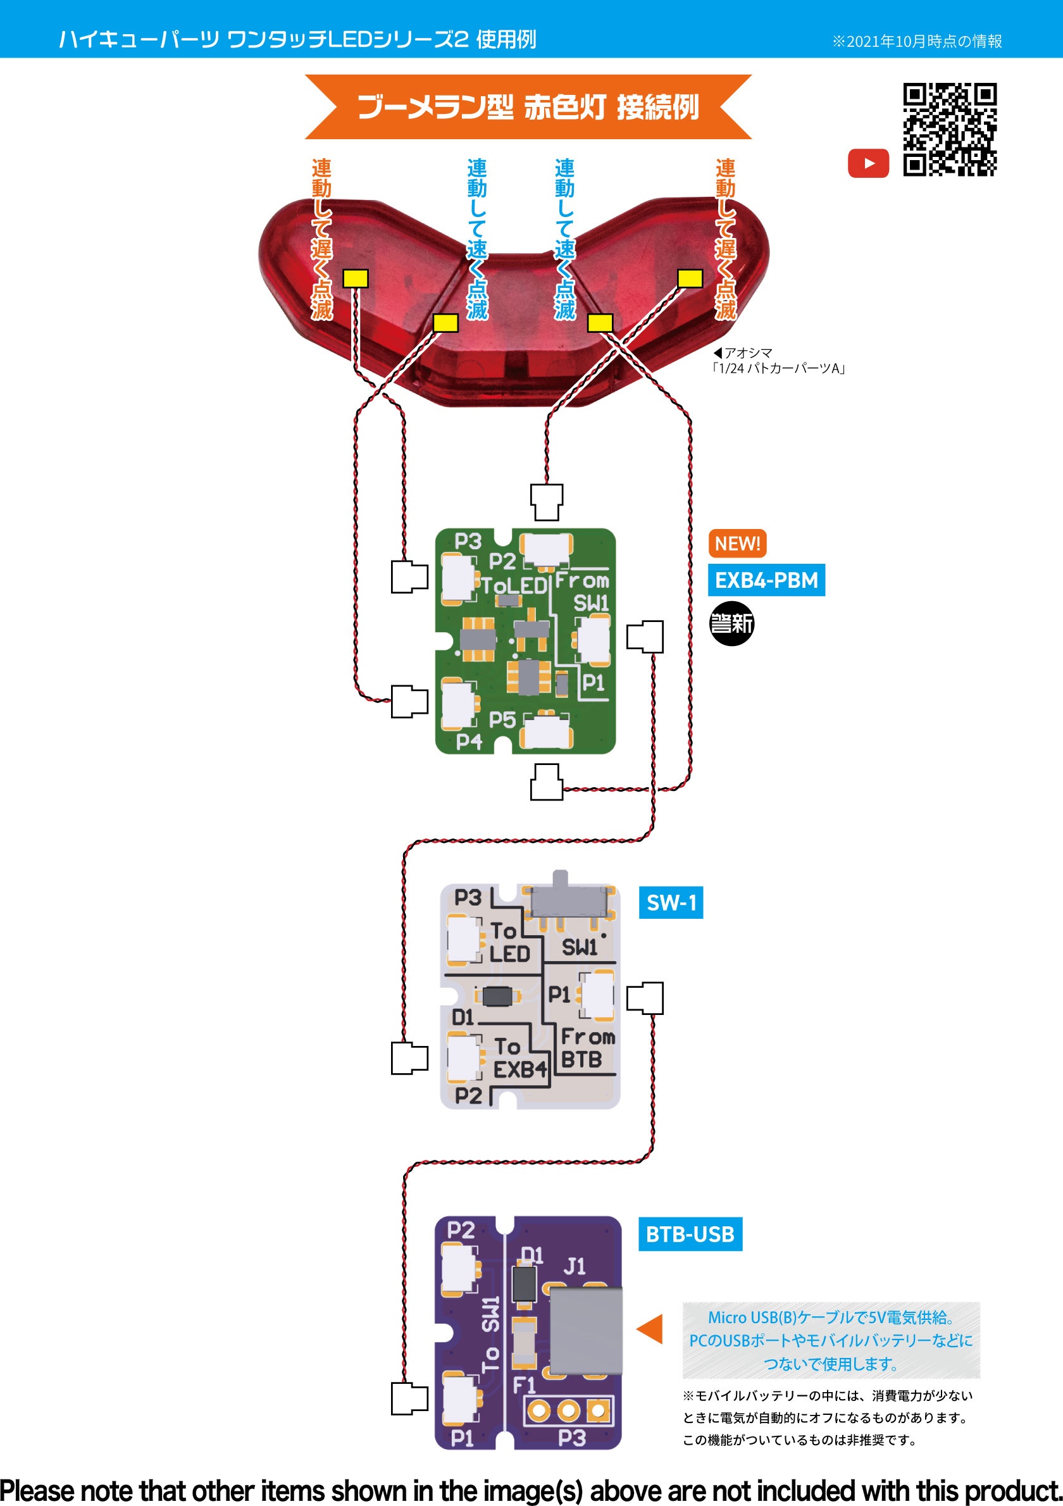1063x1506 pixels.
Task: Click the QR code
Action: click(950, 130)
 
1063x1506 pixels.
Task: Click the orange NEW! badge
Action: click(737, 543)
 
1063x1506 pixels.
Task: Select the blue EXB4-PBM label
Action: click(766, 580)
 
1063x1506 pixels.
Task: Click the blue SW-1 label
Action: click(671, 902)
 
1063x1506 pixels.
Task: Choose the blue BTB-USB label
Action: click(690, 1235)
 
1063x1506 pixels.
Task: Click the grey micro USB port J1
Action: click(585, 1330)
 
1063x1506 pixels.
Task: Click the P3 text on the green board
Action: click(468, 541)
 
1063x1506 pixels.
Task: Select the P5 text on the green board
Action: click(502, 719)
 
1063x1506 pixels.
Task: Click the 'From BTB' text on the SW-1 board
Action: click(587, 1048)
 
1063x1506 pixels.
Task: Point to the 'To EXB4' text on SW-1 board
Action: click(519, 1058)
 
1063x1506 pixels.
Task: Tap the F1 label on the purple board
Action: click(524, 1385)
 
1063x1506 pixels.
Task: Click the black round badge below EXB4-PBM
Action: click(732, 623)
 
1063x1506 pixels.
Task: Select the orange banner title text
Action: click(528, 107)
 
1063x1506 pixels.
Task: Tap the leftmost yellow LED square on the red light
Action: click(356, 279)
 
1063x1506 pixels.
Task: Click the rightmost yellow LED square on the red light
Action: click(690, 279)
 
